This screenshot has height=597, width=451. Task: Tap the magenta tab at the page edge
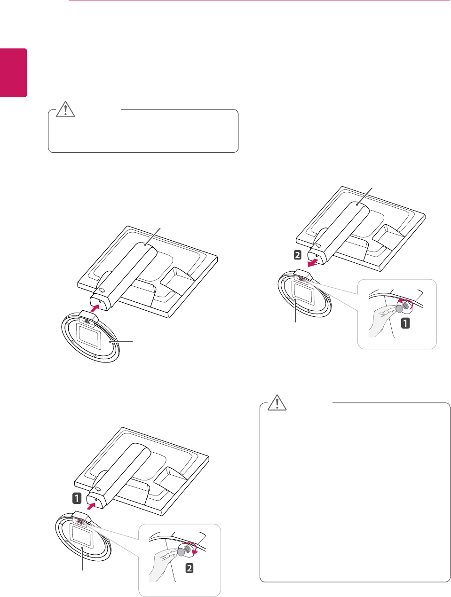(13, 72)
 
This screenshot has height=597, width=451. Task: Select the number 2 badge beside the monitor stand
(297, 255)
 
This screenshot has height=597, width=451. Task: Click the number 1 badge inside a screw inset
(405, 323)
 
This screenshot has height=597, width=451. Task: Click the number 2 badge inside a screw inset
(189, 568)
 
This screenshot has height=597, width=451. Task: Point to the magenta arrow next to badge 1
(94, 505)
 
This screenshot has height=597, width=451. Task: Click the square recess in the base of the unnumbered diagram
(87, 335)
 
